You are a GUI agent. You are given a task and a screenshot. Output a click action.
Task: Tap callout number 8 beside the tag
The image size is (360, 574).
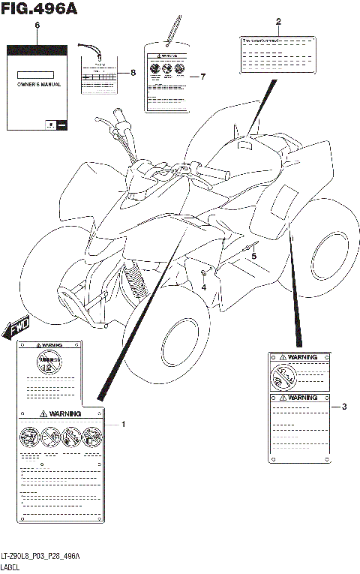[x=133, y=73]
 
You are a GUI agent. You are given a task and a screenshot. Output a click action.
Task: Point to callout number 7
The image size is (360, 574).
[x=202, y=77]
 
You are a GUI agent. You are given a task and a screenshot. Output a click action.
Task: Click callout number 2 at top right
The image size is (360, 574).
[x=278, y=21]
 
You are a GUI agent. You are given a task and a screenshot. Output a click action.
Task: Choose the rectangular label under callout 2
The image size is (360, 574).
[x=277, y=53]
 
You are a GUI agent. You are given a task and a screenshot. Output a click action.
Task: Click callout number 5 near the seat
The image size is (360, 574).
[x=253, y=257]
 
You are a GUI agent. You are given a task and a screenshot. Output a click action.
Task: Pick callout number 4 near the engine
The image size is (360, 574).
[x=203, y=286]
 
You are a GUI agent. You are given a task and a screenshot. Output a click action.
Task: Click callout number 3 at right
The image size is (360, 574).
[x=343, y=407]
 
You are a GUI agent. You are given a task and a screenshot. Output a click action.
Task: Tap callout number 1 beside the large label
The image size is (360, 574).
[x=124, y=425]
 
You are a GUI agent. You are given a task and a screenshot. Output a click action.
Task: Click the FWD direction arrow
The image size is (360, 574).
[x=16, y=326]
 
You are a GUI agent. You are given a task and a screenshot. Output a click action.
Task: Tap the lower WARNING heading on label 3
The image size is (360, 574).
[x=300, y=398]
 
